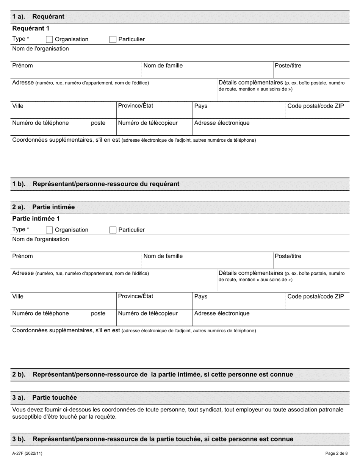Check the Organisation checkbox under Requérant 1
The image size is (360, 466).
[x=49, y=39]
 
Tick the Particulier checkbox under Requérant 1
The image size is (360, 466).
[x=113, y=39]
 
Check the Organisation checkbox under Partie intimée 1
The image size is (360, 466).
[x=49, y=230]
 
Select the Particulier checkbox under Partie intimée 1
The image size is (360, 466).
[x=113, y=230]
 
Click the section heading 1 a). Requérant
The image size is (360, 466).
[x=38, y=17]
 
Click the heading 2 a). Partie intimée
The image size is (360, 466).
[x=44, y=207]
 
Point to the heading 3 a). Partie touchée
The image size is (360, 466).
[x=44, y=397]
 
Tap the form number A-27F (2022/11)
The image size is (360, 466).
[x=27, y=453]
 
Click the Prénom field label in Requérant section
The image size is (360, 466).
[x=23, y=66]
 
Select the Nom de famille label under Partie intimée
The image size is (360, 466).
[x=163, y=256]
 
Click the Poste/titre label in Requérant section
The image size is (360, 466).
[x=288, y=66]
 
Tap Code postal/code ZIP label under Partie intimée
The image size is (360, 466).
[x=316, y=296]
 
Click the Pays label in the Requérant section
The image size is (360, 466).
[x=201, y=106]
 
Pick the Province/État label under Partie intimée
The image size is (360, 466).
[x=136, y=296]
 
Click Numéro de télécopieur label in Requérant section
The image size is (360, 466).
[x=148, y=123]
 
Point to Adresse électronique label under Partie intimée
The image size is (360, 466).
[x=222, y=314]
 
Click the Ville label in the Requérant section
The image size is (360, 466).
[x=18, y=106]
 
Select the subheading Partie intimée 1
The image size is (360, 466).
[x=36, y=219]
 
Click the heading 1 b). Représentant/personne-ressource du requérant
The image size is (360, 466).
[x=96, y=184]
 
